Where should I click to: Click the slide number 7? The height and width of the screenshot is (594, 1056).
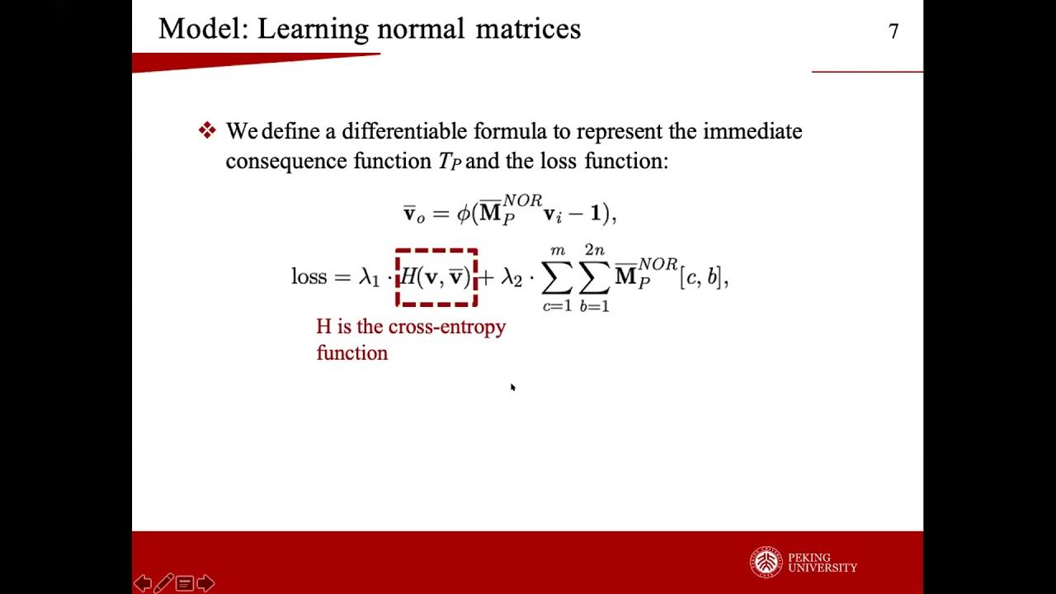[x=893, y=31]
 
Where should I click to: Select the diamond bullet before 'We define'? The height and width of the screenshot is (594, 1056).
[x=207, y=130]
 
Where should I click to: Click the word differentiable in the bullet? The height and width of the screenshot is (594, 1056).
[x=404, y=131]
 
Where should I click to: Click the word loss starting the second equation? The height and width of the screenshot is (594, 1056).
[x=309, y=276]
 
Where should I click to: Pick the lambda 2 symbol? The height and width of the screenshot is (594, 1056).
[x=511, y=277]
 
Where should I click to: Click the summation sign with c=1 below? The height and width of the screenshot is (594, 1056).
[x=557, y=279]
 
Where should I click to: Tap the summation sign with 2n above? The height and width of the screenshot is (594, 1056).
[x=595, y=279]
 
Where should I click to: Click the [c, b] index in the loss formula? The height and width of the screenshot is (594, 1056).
[x=702, y=277]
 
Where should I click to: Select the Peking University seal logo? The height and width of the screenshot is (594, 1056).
[x=766, y=563]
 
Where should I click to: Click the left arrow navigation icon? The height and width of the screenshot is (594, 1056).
[x=142, y=583]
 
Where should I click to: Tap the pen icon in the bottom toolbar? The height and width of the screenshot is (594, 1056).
[x=163, y=583]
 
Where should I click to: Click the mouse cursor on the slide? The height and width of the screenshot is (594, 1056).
[x=512, y=387]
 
